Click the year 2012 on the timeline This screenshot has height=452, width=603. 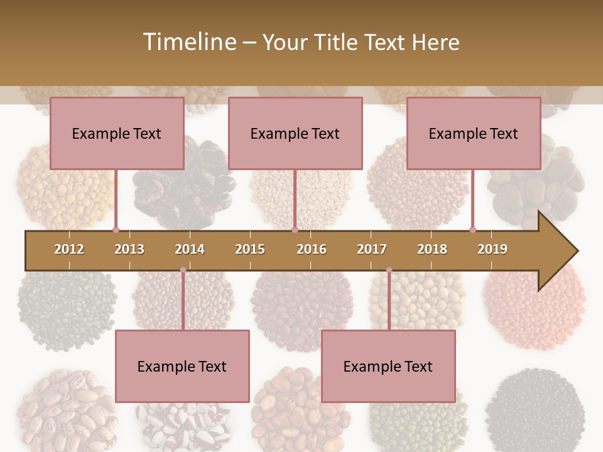pos(69,249)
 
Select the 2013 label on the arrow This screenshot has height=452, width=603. pos(129,249)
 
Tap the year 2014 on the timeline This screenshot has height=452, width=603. pos(190,249)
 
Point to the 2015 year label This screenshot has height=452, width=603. pos(250,249)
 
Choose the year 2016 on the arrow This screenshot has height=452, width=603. pos(312,249)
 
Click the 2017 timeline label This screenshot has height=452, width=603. pos(372,249)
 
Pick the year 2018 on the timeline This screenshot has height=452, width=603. pos(432,249)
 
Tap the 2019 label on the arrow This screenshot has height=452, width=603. pos(492,249)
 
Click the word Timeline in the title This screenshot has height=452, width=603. pos(188,42)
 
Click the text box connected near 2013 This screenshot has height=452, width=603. pos(117,133)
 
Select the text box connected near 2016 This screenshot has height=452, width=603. pos(295,133)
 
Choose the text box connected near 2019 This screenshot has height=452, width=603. pos(474,133)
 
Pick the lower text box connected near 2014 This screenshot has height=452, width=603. pos(182,366)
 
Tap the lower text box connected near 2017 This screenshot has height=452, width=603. pos(388,366)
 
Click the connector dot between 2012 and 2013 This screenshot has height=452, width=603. pos(116,230)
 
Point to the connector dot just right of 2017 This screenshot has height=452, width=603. pos(389,270)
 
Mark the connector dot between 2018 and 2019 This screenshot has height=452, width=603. pos(472,230)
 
